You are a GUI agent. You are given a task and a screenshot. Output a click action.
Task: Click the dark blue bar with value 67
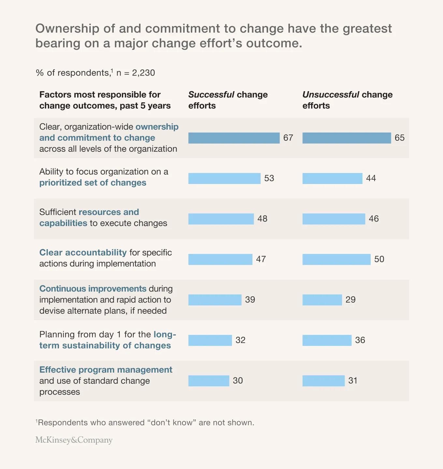pos(234,138)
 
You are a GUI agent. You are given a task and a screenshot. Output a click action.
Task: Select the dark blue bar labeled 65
pos(346,138)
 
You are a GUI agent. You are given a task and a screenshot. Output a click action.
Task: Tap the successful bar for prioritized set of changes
pos(224,178)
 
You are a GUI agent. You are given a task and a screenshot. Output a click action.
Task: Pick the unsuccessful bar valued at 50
pos(336,259)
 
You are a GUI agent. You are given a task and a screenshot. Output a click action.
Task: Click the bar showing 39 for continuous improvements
pos(215,300)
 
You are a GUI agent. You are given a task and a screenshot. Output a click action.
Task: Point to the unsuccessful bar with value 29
pos(322,300)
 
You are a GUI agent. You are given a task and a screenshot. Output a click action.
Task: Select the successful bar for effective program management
pos(208,381)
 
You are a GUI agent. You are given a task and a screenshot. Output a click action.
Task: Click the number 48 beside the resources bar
pos(262,219)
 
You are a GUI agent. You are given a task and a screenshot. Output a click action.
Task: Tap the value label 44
pos(371,178)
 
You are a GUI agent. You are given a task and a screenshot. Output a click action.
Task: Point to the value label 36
pos(360,340)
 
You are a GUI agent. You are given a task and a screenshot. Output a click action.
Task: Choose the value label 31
pos(353,380)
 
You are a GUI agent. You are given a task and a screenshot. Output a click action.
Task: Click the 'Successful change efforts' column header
pos(228,100)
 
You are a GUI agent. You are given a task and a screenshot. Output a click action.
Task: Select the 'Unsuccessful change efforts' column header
pos(347,100)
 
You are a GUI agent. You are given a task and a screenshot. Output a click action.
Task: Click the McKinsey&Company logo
pos(74,440)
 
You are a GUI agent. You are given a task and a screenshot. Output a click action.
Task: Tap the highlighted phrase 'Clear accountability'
pos(83,252)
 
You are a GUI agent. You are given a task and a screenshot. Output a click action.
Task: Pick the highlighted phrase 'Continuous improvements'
pos(93,289)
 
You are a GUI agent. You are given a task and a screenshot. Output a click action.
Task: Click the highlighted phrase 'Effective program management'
pos(106,370)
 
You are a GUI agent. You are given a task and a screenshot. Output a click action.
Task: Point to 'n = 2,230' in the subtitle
pos(136,73)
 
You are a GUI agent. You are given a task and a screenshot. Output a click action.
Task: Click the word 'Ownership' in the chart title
pos(67,29)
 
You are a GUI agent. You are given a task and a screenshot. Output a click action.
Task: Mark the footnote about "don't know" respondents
pos(145,422)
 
